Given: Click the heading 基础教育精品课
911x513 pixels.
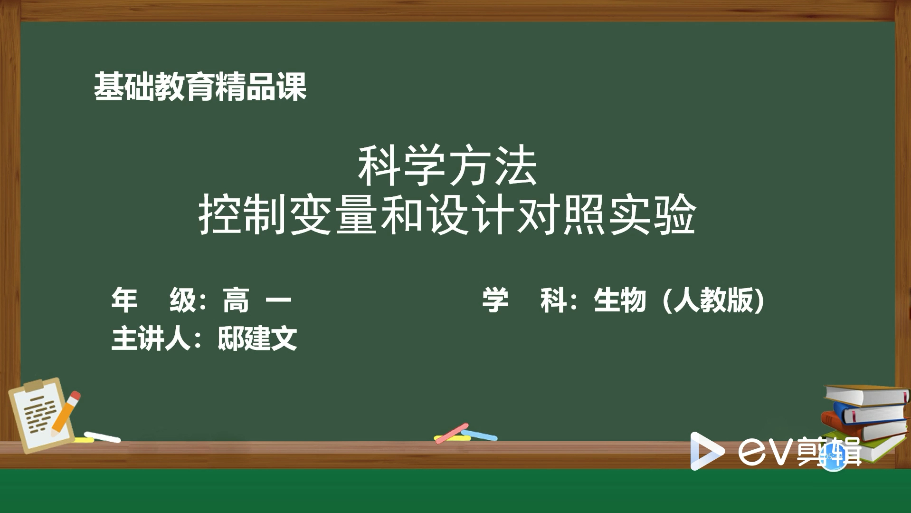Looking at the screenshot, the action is click(200, 87).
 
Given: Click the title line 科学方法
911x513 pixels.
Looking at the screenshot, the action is click(447, 166).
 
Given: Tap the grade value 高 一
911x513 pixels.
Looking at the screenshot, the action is click(257, 300).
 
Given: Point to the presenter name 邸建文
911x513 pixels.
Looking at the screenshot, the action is click(257, 339).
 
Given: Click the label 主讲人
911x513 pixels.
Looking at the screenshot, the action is click(151, 339).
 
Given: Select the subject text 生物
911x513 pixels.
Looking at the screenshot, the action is click(620, 300).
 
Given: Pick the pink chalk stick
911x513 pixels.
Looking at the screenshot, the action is click(452, 433).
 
